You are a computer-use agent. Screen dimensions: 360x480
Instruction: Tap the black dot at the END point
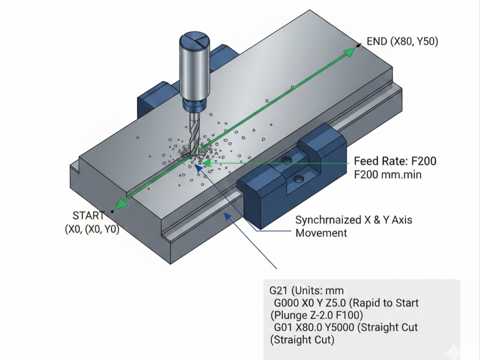click(x=358, y=46)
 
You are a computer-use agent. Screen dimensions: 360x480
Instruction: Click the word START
click(x=88, y=216)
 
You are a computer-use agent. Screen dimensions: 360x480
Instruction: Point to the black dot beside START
click(x=113, y=211)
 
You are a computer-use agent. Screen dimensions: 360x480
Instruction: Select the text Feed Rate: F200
click(x=395, y=161)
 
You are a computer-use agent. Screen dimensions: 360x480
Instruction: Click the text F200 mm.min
click(x=388, y=174)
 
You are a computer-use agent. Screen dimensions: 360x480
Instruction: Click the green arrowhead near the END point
click(x=350, y=51)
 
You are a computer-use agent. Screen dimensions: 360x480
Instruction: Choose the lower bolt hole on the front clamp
click(x=298, y=179)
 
